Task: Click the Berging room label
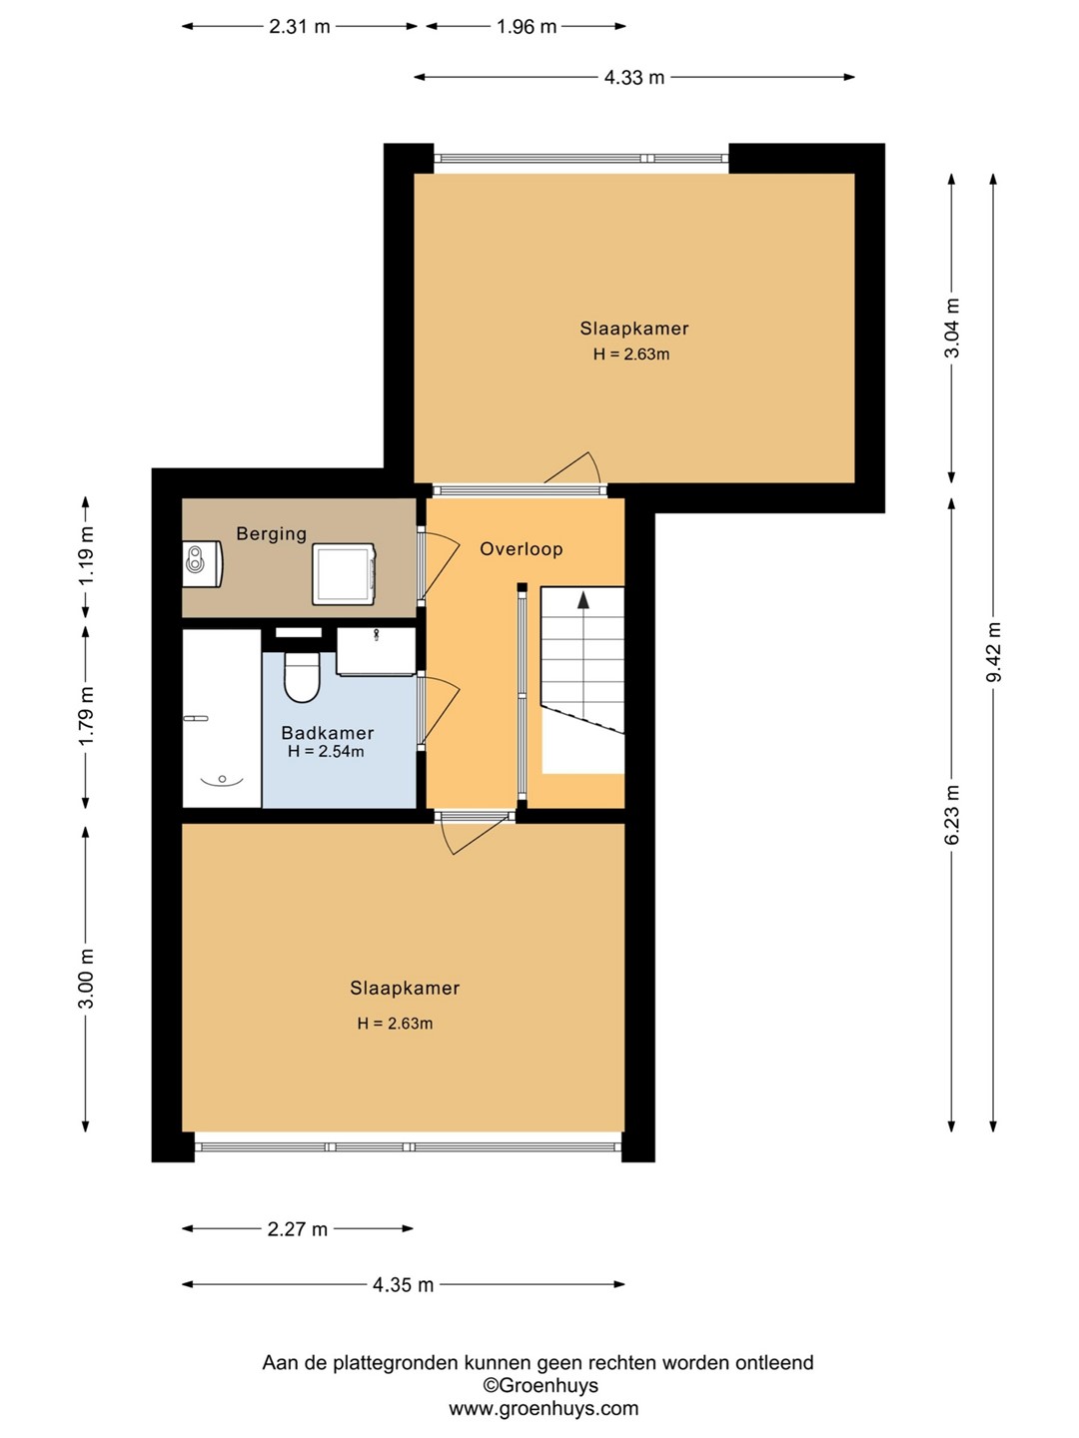click(x=271, y=534)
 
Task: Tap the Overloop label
click(x=522, y=549)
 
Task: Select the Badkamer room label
click(x=328, y=732)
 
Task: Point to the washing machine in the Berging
click(x=344, y=574)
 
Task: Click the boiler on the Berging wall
click(x=203, y=563)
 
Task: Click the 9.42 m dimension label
click(x=994, y=652)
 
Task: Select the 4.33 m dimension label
click(x=634, y=77)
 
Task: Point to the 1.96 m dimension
click(x=527, y=26)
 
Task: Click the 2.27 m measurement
click(x=298, y=1229)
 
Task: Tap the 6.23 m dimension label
click(x=952, y=815)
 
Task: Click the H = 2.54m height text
click(x=326, y=752)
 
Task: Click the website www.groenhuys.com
click(x=543, y=1409)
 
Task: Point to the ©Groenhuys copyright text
click(x=540, y=1386)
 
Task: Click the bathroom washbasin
click(x=376, y=651)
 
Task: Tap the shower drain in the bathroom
click(x=223, y=779)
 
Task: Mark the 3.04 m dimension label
click(x=952, y=328)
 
